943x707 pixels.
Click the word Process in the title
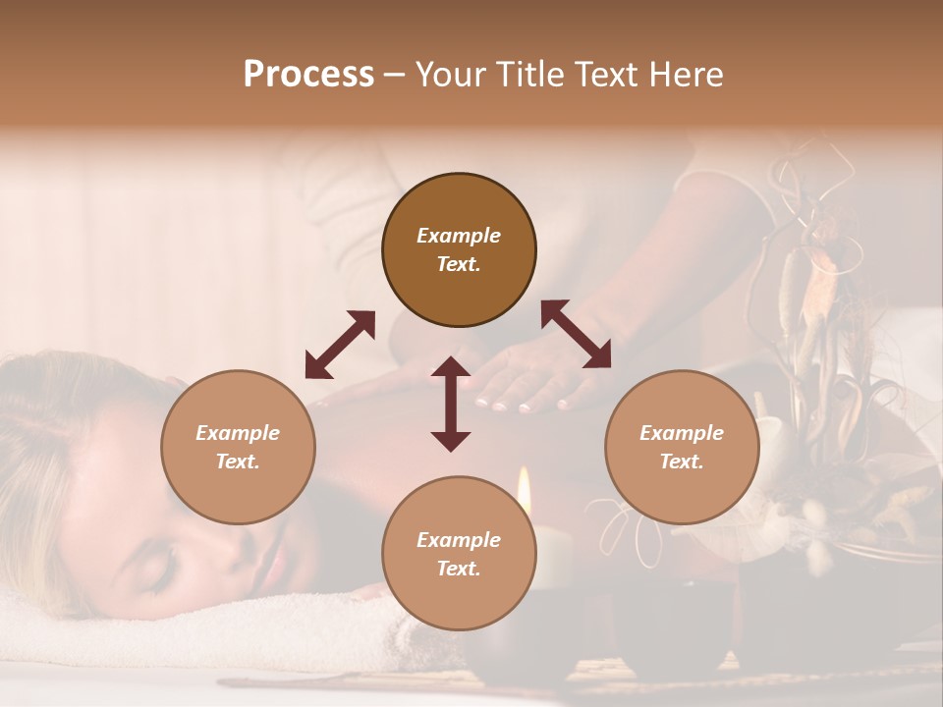pos(308,74)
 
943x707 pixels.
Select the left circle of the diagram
pos(238,447)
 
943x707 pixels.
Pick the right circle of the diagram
pos(682,447)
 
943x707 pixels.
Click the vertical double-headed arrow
pos(451,404)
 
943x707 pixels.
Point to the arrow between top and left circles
pos(340,345)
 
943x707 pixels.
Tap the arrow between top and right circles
pos(577,334)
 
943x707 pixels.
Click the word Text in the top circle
pos(459,264)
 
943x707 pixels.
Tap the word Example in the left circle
pos(238,433)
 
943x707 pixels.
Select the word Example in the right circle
pos(682,433)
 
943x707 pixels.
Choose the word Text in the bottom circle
pos(459,569)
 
